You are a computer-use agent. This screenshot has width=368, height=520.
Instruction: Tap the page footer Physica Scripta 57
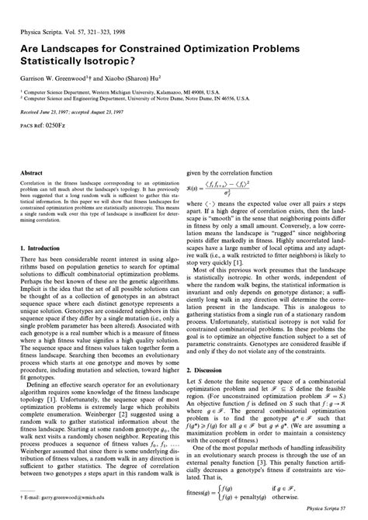[x=325, y=511]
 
